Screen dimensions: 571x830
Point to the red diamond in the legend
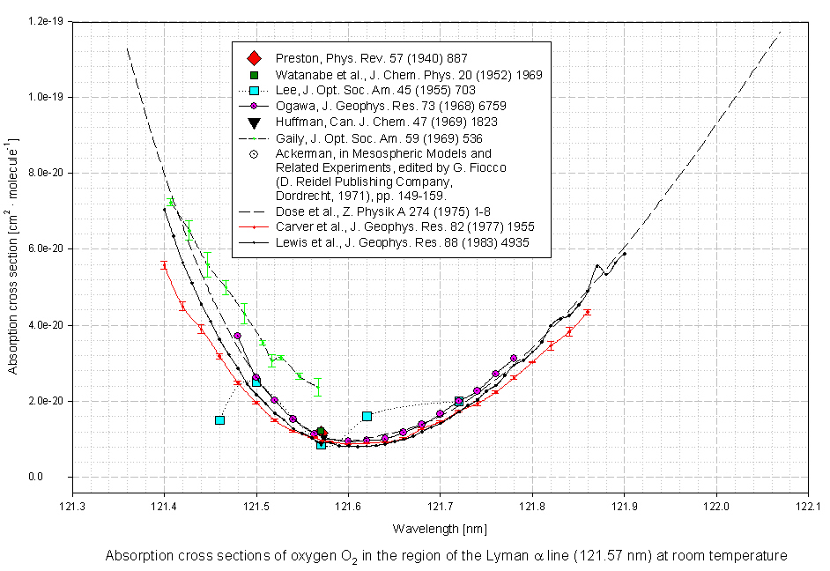click(x=253, y=58)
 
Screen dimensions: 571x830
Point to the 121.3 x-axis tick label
click(x=72, y=507)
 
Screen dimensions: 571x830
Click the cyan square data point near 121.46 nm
click(x=219, y=420)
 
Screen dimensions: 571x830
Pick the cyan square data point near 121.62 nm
click(x=367, y=416)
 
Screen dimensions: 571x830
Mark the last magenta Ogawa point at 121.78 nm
click(x=514, y=359)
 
